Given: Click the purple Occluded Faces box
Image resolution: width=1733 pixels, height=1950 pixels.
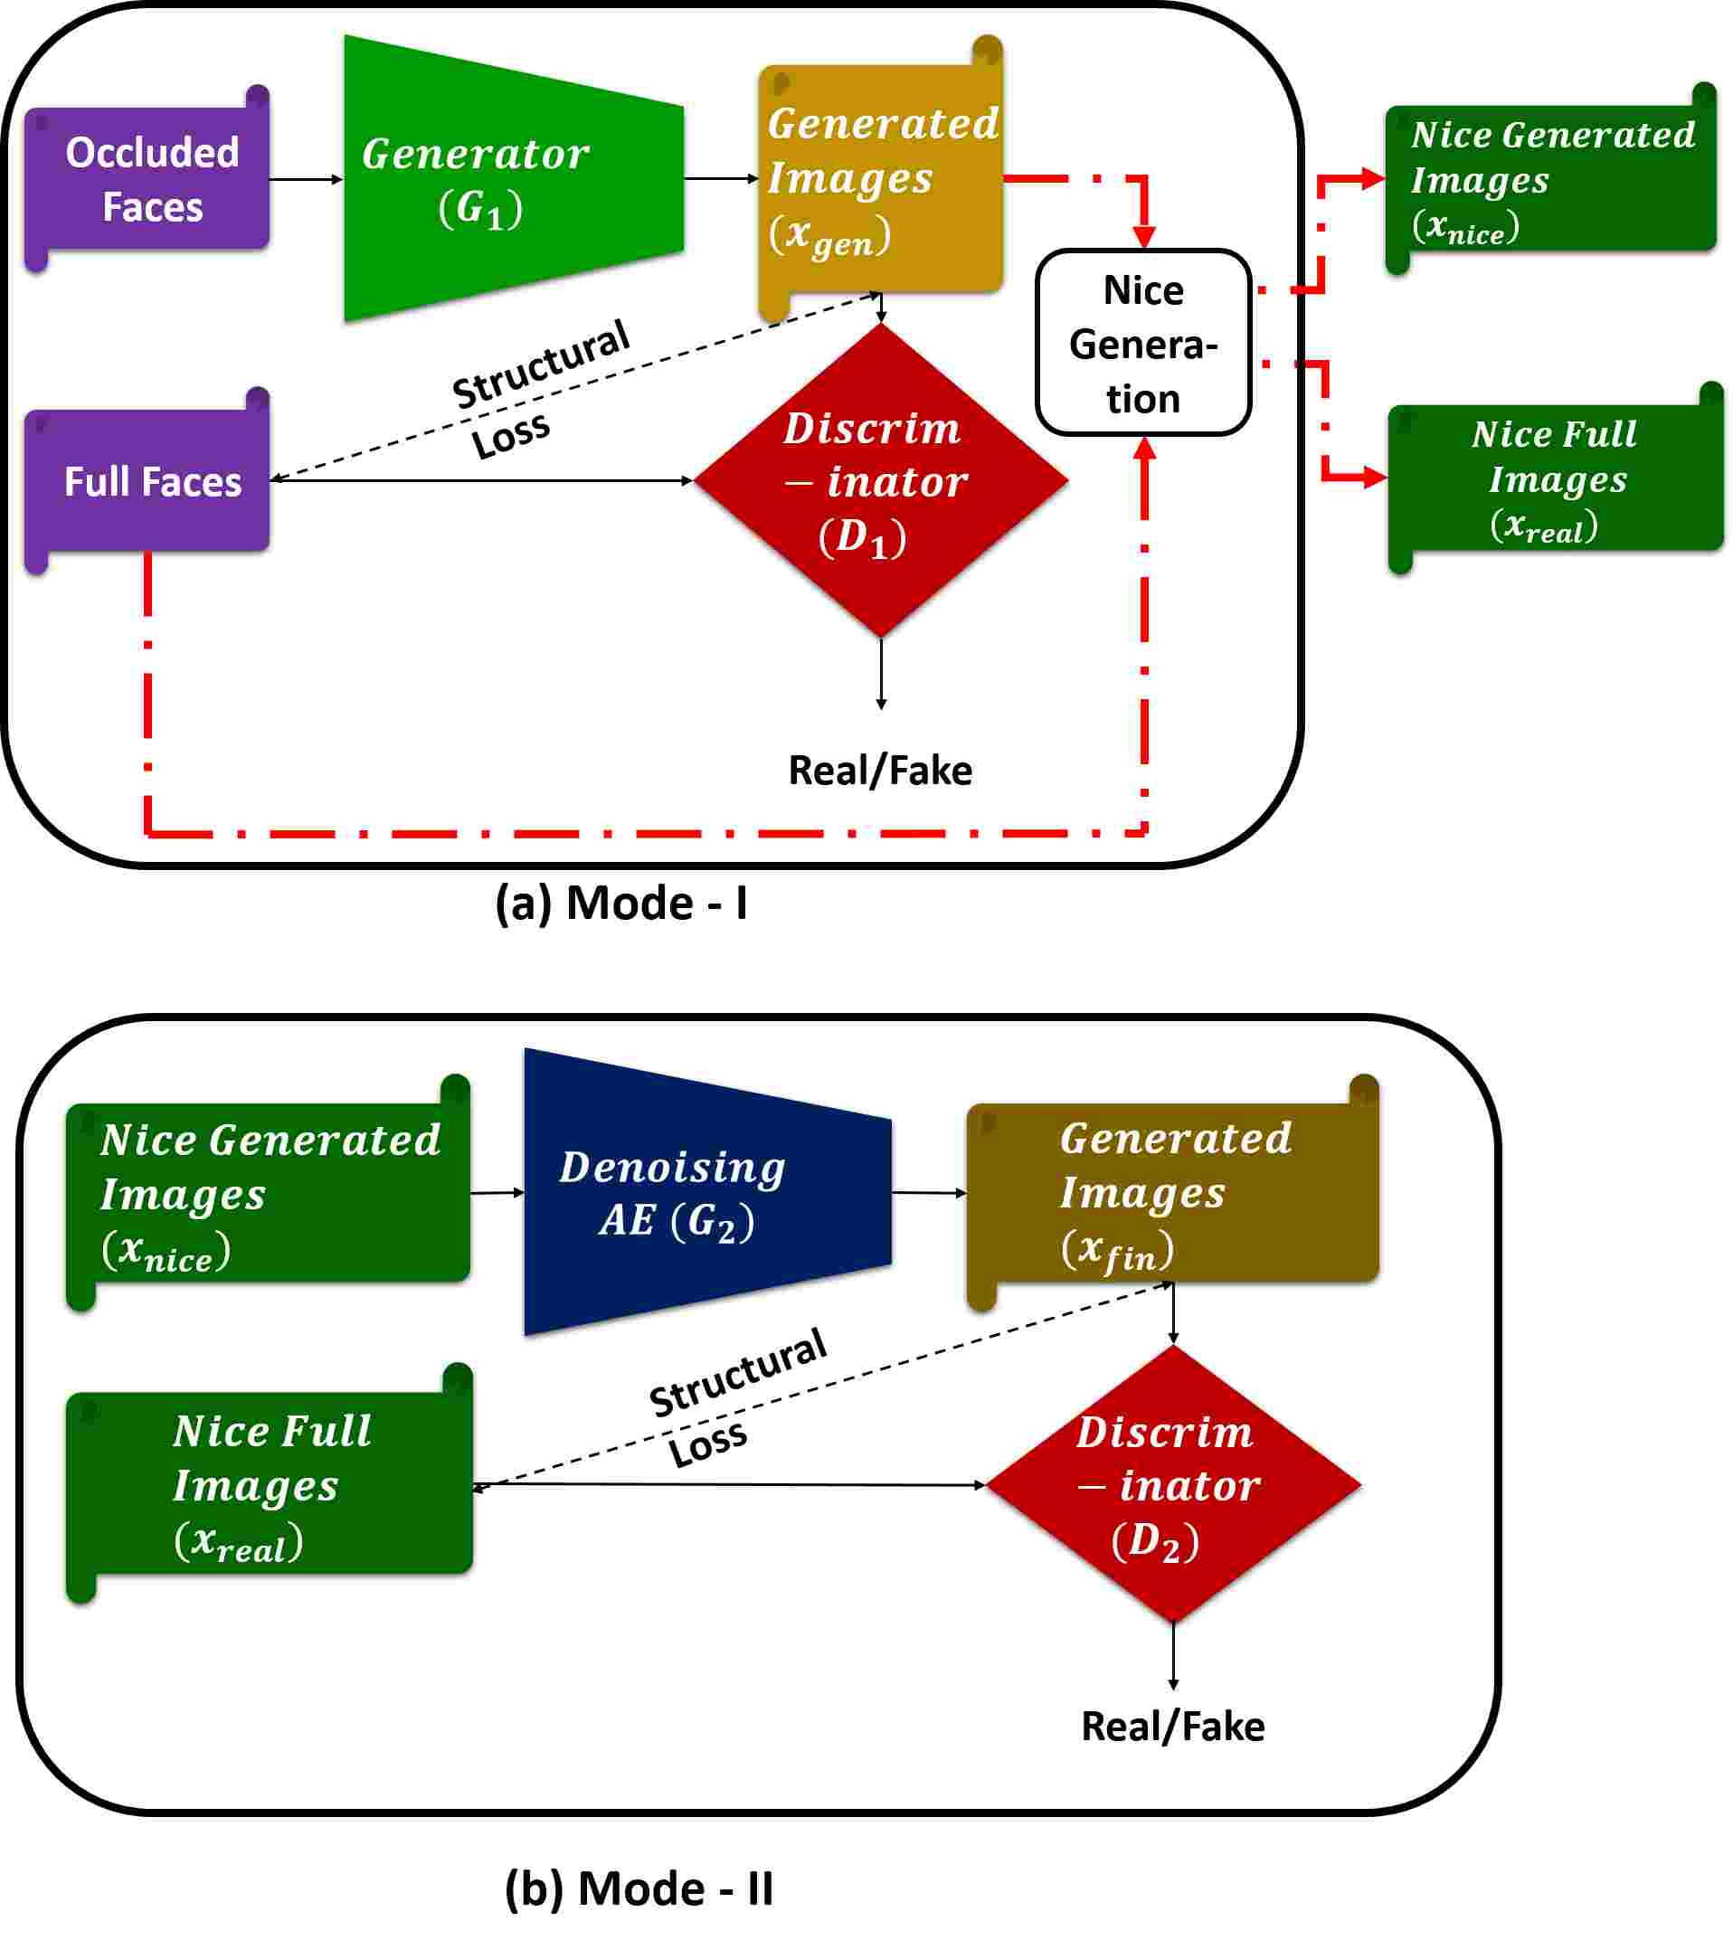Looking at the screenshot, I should coord(148,178).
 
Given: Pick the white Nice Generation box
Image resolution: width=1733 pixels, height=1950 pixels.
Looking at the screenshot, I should coord(1142,344).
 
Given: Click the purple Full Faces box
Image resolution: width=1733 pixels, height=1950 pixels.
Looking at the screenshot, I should coord(148,482).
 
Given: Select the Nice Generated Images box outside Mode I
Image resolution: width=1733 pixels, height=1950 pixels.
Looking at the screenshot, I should coord(1550,179).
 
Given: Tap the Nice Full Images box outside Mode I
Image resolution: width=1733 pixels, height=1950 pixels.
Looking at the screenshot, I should coord(1554,479).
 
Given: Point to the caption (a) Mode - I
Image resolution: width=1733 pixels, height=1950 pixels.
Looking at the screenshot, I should coord(620,903).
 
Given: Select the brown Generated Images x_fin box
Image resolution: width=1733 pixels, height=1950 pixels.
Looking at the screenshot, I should coord(1172,1192).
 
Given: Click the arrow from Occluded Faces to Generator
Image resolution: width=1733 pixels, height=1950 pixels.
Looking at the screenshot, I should coord(306,179).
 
